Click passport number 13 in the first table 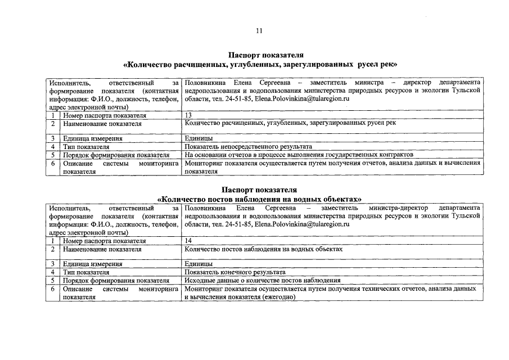[x=188, y=115]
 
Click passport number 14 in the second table [x=188, y=241]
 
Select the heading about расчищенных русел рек [x=260, y=65]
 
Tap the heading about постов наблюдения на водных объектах [x=259, y=199]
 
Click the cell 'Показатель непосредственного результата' [x=248, y=146]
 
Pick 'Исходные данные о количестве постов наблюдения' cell [x=262, y=280]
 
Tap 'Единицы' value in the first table [x=198, y=138]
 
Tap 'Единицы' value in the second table [x=198, y=263]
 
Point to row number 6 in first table [x=52, y=163]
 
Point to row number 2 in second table [x=52, y=249]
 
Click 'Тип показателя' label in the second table [x=86, y=272]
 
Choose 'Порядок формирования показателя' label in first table [x=116, y=155]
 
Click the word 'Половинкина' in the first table [x=205, y=82]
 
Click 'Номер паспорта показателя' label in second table [x=104, y=241]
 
